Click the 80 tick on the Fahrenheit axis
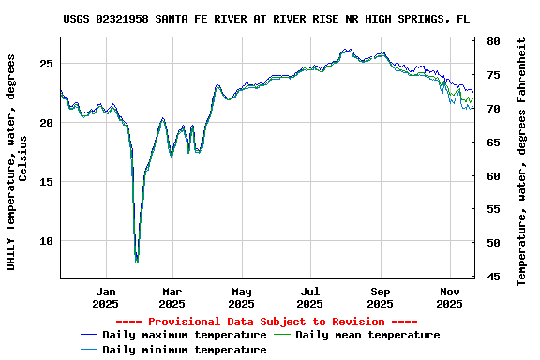point(493,42)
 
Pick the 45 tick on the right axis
point(493,277)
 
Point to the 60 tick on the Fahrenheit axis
point(493,176)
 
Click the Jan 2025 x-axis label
point(106,297)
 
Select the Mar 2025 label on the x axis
point(172,297)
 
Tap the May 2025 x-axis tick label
point(241,297)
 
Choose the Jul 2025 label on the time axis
point(310,297)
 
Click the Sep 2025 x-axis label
point(380,297)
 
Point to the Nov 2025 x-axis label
point(450,297)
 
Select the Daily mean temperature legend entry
point(367,335)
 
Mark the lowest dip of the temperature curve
point(137,262)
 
